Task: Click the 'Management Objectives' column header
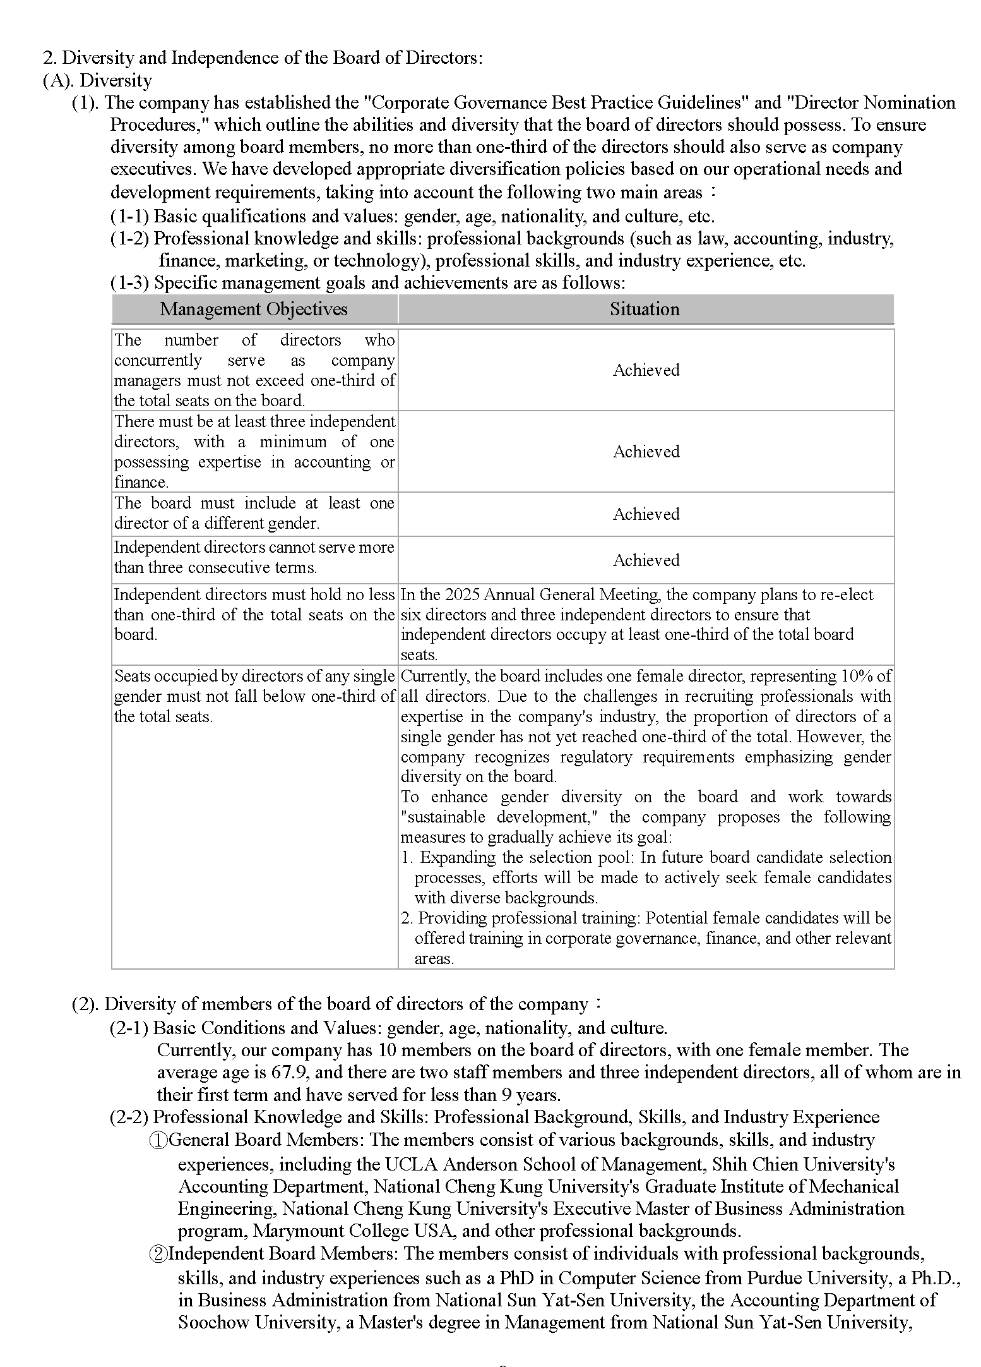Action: click(x=254, y=309)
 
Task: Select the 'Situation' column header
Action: click(x=645, y=309)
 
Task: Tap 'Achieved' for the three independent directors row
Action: click(x=646, y=452)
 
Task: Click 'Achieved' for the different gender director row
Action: click(x=646, y=514)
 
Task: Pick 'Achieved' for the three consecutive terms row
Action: click(x=646, y=560)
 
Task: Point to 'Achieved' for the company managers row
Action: click(x=646, y=370)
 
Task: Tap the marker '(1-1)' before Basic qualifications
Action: click(x=129, y=217)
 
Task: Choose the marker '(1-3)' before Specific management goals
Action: click(x=129, y=282)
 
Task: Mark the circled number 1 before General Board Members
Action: click(x=158, y=1140)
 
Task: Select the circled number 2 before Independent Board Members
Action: click(x=158, y=1254)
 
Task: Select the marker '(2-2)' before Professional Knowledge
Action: click(x=129, y=1117)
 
